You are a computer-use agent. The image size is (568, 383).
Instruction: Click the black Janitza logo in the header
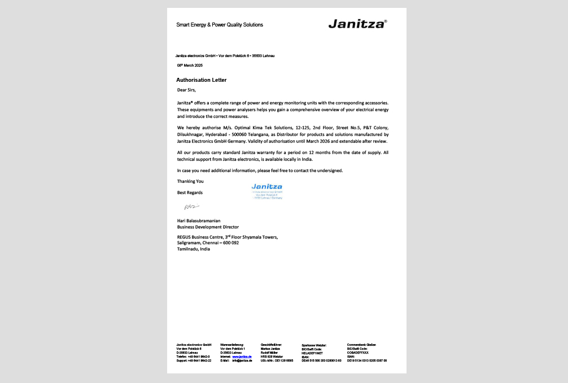(357, 24)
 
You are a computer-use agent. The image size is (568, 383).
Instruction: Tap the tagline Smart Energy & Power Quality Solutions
(220, 25)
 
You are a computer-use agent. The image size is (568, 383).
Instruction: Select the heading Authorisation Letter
(202, 80)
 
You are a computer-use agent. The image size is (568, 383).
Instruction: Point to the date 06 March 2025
(190, 66)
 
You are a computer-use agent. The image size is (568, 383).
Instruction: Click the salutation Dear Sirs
(186, 90)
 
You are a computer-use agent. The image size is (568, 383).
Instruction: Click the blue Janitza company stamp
(266, 191)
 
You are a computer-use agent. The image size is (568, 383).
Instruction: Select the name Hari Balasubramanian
(199, 221)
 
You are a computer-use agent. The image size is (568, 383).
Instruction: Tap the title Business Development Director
(208, 227)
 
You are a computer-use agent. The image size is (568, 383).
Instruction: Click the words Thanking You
(190, 181)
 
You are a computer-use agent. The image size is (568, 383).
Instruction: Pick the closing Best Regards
(190, 192)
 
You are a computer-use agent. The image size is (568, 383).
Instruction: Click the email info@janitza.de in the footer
(242, 360)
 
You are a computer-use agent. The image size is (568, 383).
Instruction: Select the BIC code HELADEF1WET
(312, 353)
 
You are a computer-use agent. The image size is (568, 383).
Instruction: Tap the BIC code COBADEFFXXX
(357, 353)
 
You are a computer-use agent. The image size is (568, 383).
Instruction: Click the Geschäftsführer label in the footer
(271, 345)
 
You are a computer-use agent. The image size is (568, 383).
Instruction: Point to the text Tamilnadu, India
(194, 249)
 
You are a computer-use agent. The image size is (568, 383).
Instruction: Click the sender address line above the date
(225, 56)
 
